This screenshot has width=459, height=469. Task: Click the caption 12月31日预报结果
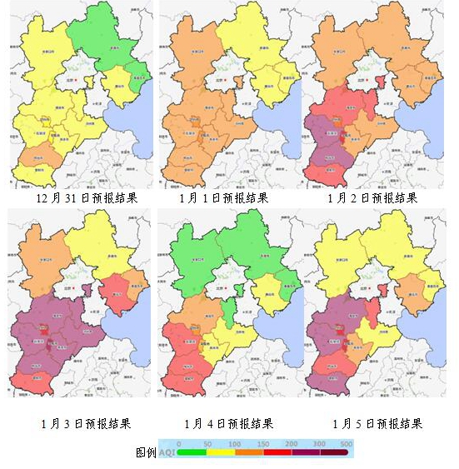coord(87,198)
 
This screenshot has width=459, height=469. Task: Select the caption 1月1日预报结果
coord(223,198)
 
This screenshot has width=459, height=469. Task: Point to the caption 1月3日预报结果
coord(87,423)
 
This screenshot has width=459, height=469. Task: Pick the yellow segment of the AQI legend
coord(222,456)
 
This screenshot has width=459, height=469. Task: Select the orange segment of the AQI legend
coord(251,456)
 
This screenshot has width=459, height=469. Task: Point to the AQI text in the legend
coord(167,452)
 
